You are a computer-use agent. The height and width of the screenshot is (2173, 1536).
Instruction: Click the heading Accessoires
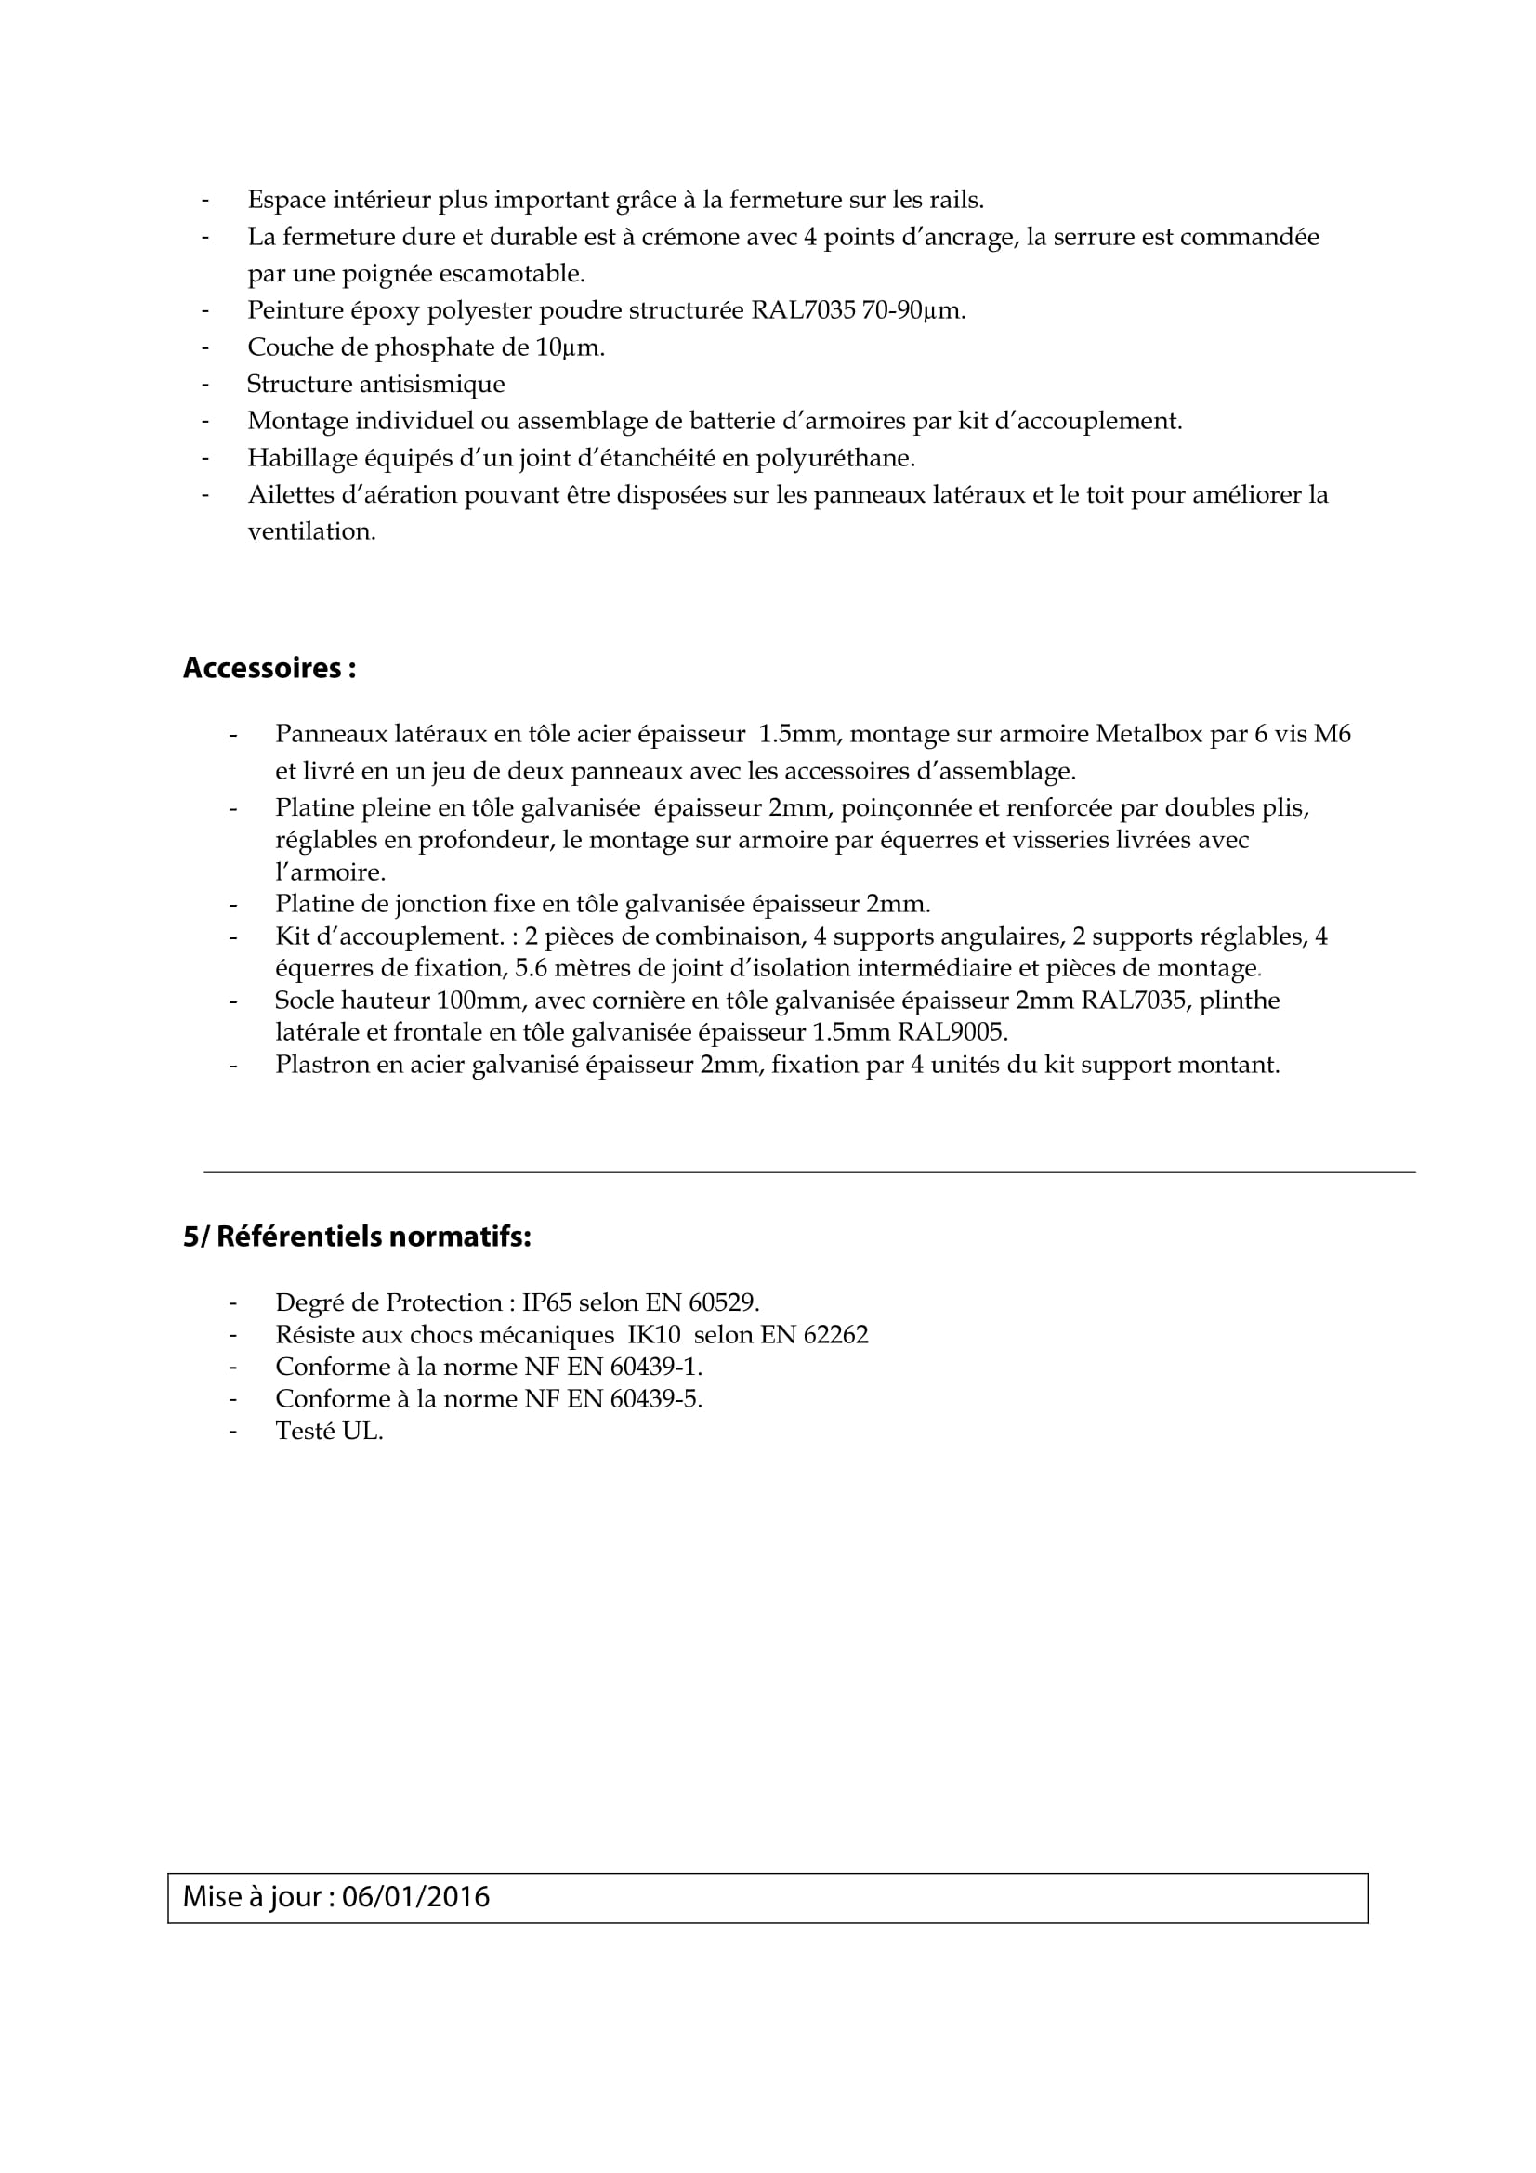269,668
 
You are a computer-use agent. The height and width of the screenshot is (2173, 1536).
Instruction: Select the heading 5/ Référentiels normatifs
357,1236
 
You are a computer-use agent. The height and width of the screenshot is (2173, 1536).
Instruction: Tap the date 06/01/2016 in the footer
415,1897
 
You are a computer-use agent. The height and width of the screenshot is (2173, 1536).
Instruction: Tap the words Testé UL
328,1431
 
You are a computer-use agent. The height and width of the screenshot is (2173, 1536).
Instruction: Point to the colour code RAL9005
952,1031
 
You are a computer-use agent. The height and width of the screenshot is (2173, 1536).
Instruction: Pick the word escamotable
518,273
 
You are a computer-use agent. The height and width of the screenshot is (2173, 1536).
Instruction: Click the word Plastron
322,1065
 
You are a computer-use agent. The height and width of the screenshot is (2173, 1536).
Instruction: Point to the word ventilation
310,532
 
